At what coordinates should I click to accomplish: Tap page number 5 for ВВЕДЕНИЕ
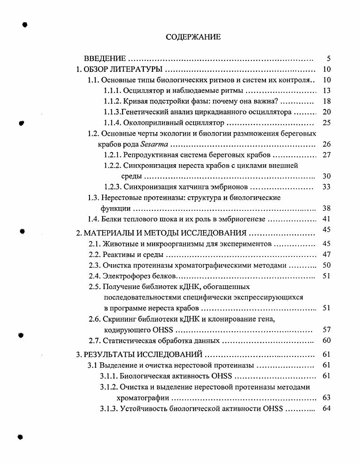click(x=329, y=59)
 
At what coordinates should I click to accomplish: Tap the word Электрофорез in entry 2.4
click(x=124, y=276)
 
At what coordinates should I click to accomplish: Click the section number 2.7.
click(x=94, y=341)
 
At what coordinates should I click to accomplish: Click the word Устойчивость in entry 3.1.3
click(x=144, y=409)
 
